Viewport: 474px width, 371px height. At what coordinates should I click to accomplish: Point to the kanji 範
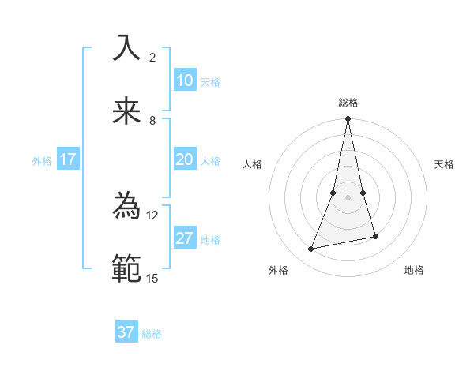coord(127,268)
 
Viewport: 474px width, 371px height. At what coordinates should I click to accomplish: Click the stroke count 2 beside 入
coord(152,58)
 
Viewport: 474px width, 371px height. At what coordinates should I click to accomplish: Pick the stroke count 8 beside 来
coord(152,121)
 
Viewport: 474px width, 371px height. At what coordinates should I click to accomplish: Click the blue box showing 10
coord(185,81)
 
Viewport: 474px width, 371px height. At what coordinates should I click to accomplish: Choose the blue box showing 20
coord(185,159)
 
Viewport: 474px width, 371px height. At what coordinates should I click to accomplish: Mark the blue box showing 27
coord(185,238)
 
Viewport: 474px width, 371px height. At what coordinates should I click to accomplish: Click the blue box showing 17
coord(68,159)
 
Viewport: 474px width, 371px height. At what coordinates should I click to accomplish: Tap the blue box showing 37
coord(126,332)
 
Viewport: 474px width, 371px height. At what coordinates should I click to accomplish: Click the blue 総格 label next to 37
coord(152,334)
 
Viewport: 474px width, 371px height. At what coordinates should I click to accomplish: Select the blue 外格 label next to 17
coord(42,161)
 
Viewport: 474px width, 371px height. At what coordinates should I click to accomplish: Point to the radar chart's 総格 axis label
coord(348,103)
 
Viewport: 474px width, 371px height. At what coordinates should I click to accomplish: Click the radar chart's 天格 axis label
coord(445,164)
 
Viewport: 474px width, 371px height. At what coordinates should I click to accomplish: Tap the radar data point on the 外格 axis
coord(311,249)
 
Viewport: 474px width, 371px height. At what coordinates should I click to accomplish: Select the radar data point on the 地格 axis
coord(375,236)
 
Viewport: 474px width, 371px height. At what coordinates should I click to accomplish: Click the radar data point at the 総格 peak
coord(348,119)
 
